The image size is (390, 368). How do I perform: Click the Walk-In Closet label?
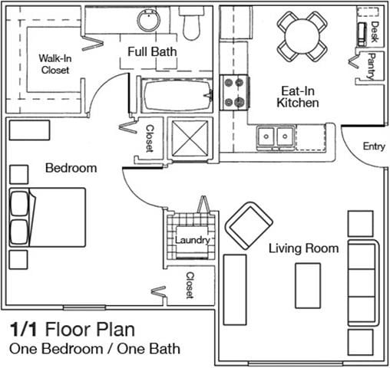tap(55, 64)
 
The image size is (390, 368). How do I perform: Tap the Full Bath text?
tap(152, 51)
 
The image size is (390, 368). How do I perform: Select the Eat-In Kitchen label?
tap(298, 97)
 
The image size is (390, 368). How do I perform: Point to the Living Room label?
tap(304, 248)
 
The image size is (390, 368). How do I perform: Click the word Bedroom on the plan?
tap(71, 168)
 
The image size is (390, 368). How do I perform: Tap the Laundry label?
tap(193, 240)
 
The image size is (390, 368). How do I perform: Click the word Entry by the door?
tap(374, 146)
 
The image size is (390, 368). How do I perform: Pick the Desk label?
tap(375, 31)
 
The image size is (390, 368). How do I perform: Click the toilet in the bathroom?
tap(191, 24)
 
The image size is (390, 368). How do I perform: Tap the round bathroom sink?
tap(149, 21)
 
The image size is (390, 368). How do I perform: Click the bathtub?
tap(177, 95)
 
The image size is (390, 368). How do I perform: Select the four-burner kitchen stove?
tap(235, 93)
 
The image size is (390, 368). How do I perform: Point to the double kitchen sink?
tap(276, 136)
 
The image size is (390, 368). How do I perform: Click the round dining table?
tap(302, 36)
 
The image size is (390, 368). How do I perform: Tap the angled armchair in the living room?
tap(249, 225)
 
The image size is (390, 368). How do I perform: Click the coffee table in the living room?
tap(308, 286)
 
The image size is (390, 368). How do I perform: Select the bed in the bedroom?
tap(48, 218)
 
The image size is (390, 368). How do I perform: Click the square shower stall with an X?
tap(190, 138)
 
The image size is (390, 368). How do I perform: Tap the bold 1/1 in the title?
tap(24, 330)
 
